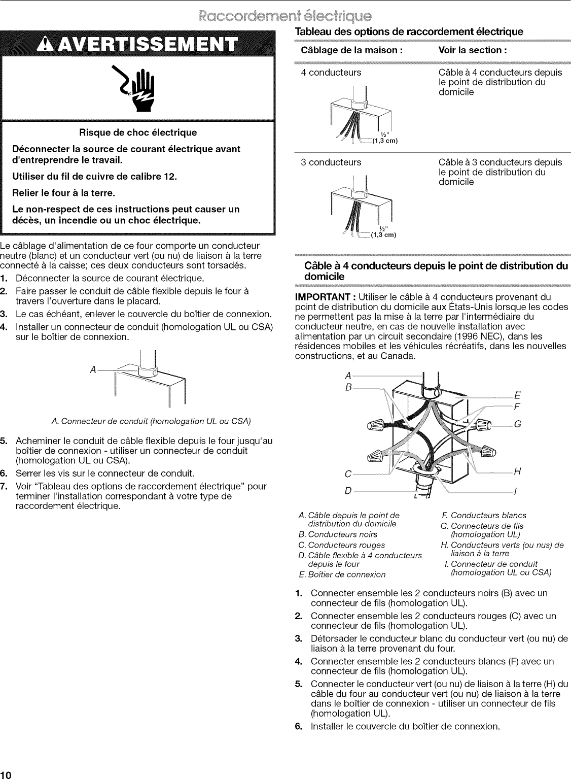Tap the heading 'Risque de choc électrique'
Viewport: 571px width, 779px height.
(x=137, y=133)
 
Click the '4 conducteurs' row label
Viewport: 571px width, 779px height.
(x=331, y=73)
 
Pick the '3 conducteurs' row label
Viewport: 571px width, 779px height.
(x=331, y=162)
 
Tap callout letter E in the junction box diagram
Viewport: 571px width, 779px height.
(x=517, y=396)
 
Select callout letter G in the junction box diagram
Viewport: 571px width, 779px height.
(x=518, y=424)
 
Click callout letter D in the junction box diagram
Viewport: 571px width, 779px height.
(x=348, y=492)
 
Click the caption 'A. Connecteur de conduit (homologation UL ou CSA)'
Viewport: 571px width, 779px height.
(x=152, y=421)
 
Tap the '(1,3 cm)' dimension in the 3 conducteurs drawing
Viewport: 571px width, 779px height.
(x=382, y=234)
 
